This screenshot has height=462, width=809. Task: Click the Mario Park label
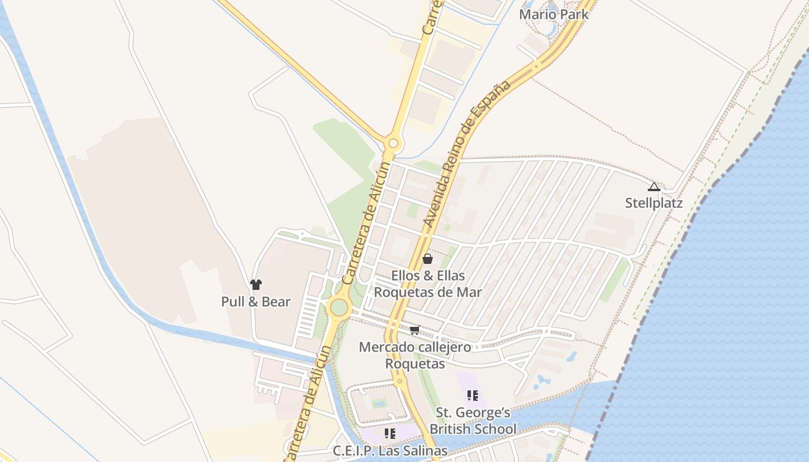(554, 14)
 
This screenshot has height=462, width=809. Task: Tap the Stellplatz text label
(654, 203)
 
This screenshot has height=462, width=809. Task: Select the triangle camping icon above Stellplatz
(654, 187)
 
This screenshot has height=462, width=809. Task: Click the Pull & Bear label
(255, 301)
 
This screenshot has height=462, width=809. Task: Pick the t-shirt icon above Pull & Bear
(256, 284)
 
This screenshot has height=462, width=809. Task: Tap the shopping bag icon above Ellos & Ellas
(428, 259)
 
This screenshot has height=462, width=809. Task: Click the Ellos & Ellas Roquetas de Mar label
(428, 284)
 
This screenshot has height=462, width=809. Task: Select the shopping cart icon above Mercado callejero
(414, 330)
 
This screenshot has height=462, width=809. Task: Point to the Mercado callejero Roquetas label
(415, 355)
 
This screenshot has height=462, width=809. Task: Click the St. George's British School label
(473, 420)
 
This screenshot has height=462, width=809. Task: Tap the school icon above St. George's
(473, 396)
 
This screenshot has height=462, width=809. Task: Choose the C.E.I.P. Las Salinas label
(390, 450)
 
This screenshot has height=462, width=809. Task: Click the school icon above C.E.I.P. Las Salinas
(390, 433)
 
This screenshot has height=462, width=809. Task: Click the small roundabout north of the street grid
(394, 143)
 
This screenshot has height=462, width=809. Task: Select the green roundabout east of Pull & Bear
(339, 307)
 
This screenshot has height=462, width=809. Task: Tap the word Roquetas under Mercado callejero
(415, 364)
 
